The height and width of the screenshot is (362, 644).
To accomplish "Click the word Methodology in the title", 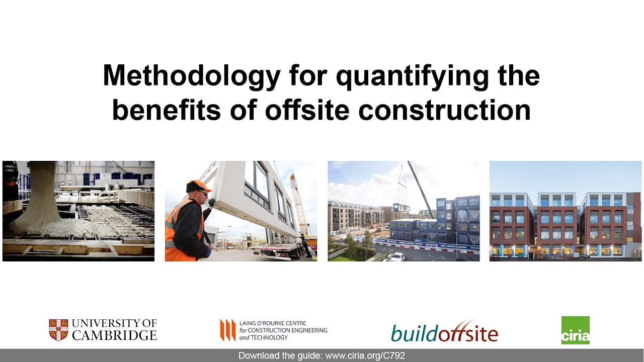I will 191,76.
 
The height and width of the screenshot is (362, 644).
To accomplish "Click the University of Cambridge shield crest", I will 58,330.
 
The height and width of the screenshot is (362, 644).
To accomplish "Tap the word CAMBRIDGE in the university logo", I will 114,335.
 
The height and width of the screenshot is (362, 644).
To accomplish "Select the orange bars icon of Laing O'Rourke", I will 227,330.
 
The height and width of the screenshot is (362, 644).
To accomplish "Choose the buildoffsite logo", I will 444,332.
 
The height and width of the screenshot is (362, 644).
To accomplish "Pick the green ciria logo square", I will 575,330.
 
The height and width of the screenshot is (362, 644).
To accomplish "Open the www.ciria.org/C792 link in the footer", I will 365,355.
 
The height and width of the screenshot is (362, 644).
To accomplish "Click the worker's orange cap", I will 198,186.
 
